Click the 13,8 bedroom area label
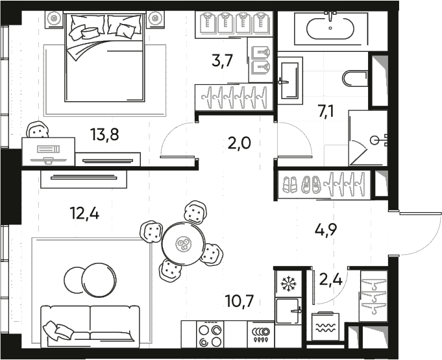click(x=104, y=135)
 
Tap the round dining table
click(x=184, y=244)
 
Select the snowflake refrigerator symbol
click(x=286, y=283)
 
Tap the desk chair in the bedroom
click(x=39, y=130)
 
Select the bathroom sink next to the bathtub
click(x=290, y=81)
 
